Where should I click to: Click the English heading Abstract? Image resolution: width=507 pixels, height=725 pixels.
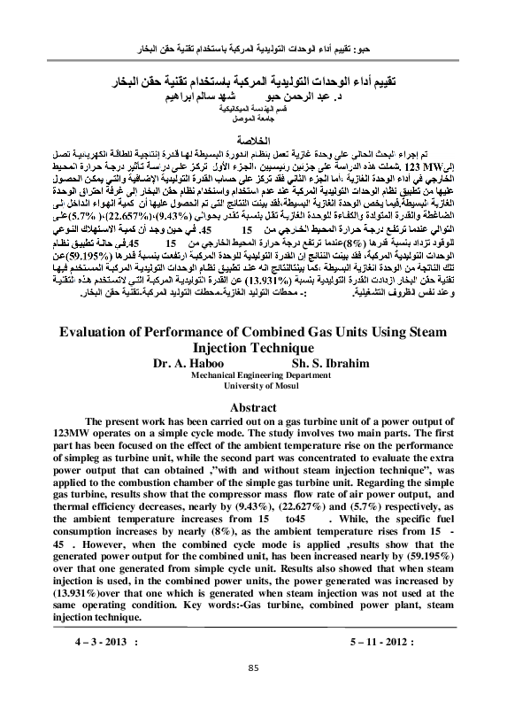pos(253,407)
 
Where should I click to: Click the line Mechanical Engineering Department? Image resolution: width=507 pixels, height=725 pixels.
pos(254,374)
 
